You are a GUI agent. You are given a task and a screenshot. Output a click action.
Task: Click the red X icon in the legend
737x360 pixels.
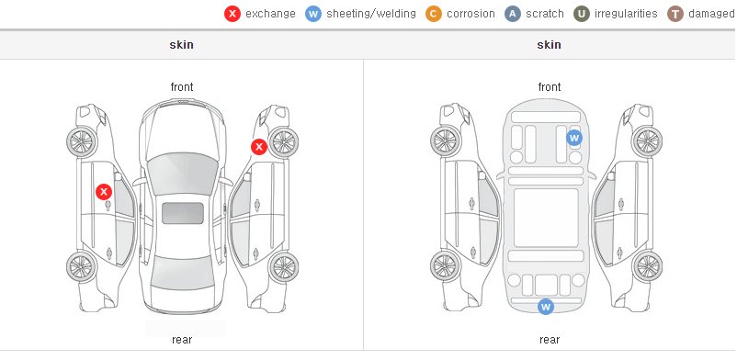coord(232,14)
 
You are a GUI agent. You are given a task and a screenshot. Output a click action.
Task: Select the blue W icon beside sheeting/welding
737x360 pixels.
coord(313,14)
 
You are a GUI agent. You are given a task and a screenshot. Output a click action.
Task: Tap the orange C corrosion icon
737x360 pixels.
coord(434,14)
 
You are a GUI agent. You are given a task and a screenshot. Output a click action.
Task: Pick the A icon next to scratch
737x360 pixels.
coord(513,14)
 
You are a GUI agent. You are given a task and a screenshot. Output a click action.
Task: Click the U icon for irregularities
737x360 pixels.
coord(582,14)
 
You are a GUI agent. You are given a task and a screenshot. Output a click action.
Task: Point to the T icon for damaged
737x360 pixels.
coord(675,14)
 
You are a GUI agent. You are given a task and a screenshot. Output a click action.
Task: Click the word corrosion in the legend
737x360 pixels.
coord(471,14)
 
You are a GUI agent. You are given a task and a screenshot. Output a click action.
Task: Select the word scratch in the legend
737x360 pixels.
coord(545,14)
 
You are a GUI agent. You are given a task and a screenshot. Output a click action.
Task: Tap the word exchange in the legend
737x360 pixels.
coord(270,14)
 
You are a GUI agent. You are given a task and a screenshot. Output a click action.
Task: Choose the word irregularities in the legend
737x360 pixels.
coord(626,14)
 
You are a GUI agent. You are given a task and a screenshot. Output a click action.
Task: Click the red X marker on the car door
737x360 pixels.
coord(104,192)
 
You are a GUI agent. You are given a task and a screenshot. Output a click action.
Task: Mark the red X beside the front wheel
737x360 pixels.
coord(258,147)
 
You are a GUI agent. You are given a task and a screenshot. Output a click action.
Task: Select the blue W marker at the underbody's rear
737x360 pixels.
coord(545,307)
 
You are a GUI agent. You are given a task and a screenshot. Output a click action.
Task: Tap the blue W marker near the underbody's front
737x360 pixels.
coord(574,138)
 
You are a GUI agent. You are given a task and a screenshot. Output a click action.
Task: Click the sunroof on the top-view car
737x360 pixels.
coord(183,213)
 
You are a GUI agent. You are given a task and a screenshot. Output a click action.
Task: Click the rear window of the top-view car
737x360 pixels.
coord(182,273)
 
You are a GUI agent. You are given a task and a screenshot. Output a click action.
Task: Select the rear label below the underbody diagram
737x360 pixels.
coord(549,339)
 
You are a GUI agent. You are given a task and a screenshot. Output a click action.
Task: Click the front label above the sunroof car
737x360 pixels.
coord(182,87)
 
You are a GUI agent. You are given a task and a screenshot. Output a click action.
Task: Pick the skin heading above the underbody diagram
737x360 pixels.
coord(549,45)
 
